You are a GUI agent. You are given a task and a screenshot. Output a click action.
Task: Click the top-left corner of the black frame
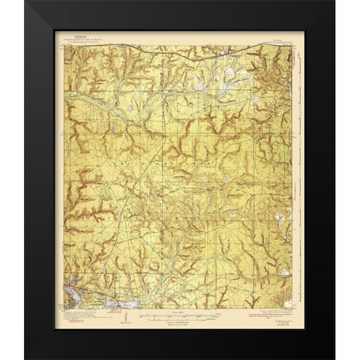25,2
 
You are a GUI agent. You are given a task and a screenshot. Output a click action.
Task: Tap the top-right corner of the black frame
334,2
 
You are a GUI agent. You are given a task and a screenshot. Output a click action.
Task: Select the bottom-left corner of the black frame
25,357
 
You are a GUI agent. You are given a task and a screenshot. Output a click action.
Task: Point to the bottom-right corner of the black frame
334,357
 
